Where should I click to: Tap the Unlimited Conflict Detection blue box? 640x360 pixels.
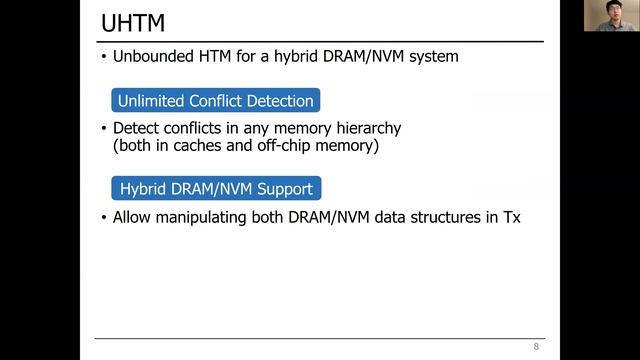coord(215,101)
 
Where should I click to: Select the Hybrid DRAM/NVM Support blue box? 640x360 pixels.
coord(215,188)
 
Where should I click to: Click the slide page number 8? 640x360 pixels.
coord(536,346)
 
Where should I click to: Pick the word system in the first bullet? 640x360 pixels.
coord(432,57)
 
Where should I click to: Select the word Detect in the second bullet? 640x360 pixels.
coord(136,129)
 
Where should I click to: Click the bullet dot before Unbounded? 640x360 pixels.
coord(103,57)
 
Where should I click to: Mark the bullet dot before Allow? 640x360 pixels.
coord(103,216)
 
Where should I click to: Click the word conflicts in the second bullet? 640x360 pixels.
coord(197,129)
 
